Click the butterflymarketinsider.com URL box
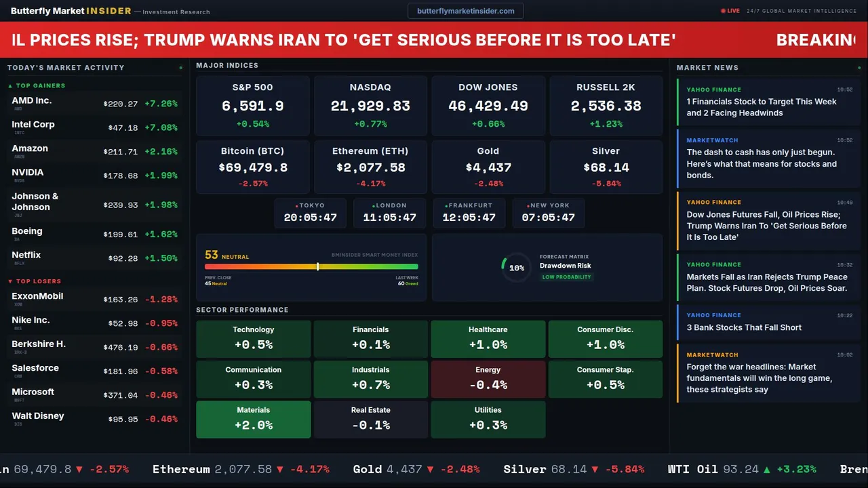466,11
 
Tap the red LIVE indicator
730,11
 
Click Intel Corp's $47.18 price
123,127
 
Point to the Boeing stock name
27,231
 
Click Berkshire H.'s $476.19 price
121,347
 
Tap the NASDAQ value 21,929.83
370,106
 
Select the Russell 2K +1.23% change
606,124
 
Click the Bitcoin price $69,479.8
253,167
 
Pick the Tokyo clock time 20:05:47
310,218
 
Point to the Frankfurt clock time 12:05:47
469,218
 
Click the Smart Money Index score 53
212,255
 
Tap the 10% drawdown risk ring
516,268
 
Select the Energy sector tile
488,378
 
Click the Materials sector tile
253,419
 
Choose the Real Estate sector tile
370,419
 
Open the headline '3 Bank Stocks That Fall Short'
744,327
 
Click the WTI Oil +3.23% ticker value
797,469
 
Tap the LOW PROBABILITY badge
566,277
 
